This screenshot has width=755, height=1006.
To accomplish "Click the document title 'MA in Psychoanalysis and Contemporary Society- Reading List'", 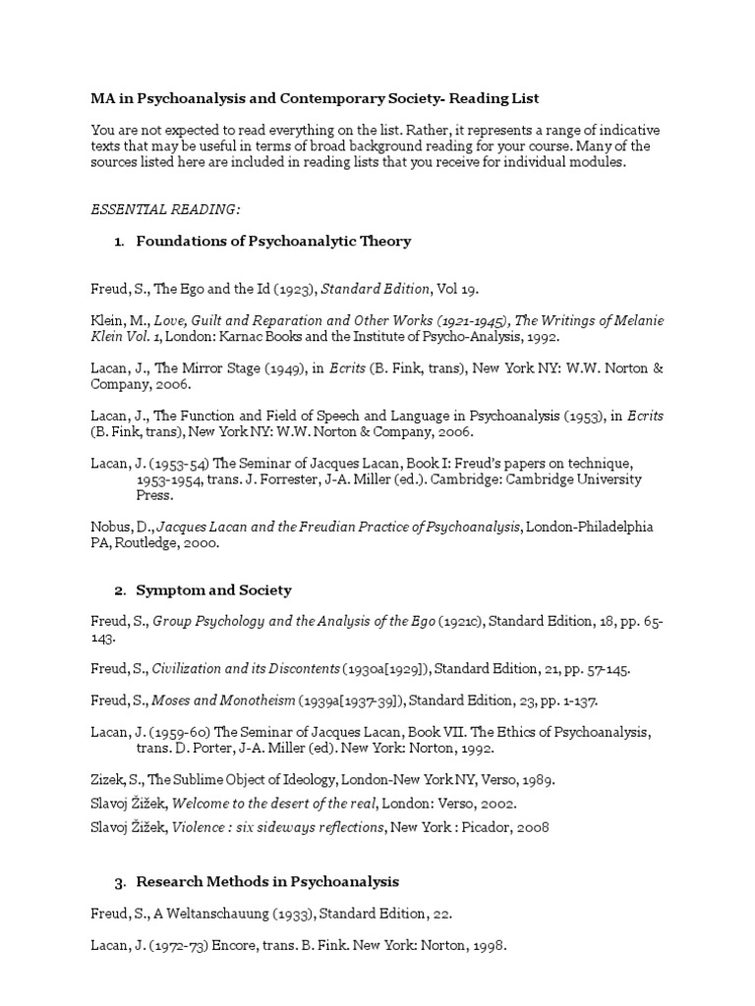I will point(316,99).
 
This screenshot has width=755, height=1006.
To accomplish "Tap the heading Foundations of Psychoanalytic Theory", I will point(273,241).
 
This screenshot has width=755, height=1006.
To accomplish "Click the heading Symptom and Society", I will point(213,590).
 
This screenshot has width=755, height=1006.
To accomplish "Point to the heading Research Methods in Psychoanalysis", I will point(267,881).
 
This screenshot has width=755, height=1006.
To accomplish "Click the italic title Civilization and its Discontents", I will point(246,669).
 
